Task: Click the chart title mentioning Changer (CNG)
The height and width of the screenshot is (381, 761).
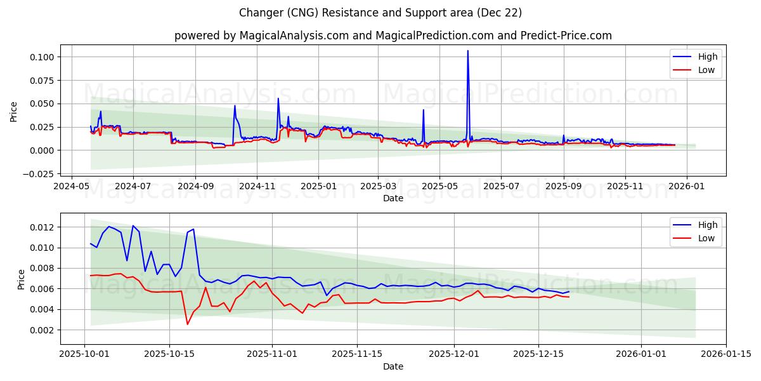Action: [x=380, y=13]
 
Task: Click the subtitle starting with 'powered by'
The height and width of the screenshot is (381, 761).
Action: [x=393, y=36]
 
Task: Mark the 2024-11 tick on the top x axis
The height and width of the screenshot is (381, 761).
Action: [x=257, y=187]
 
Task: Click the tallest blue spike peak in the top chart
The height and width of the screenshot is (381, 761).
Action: [x=468, y=51]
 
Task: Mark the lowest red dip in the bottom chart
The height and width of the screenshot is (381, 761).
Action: [x=187, y=324]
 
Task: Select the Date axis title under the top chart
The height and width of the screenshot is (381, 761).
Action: [x=393, y=198]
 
